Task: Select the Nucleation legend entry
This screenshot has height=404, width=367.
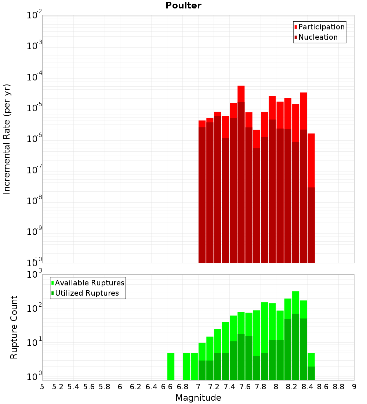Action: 318,37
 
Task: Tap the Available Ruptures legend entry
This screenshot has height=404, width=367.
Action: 90,283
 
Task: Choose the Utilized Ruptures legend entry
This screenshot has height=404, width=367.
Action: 87,293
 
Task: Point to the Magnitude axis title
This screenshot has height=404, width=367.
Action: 198,398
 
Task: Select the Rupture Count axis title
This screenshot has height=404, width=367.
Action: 14,327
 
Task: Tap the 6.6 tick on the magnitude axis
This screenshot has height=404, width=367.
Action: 167,387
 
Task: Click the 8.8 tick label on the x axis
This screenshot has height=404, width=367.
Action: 338,387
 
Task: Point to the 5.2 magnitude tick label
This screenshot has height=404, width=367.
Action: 58,387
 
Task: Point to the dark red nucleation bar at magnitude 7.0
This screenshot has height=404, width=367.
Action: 202,195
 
